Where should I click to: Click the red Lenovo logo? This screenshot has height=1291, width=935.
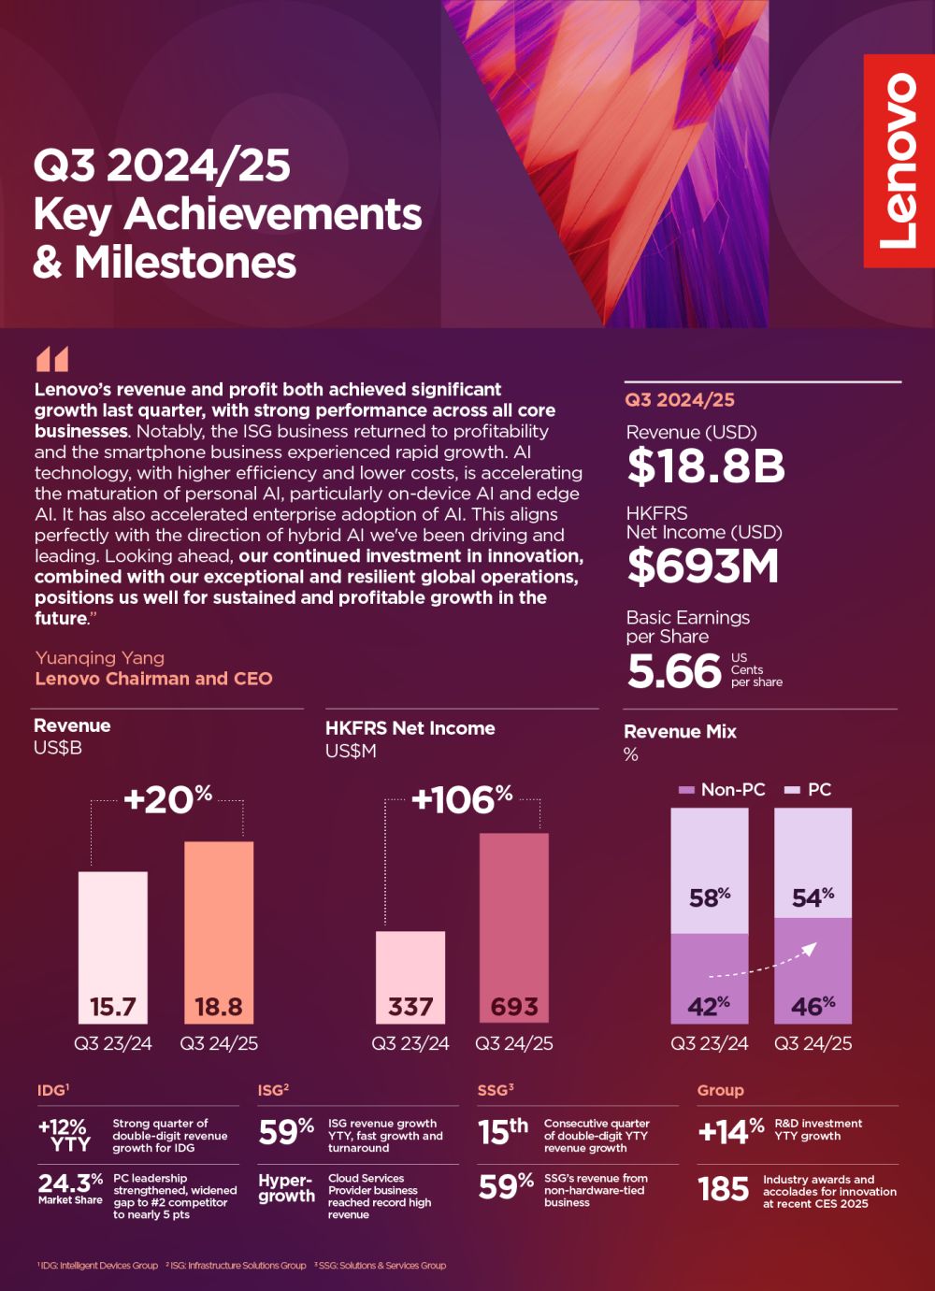(899, 161)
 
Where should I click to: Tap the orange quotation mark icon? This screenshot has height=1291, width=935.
(52, 359)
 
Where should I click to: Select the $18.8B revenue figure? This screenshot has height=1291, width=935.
(706, 466)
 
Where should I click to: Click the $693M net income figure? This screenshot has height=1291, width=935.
(702, 566)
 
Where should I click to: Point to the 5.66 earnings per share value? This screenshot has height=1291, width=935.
(674, 671)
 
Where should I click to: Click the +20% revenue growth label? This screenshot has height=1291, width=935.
(167, 799)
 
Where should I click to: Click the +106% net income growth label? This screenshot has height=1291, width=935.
(462, 799)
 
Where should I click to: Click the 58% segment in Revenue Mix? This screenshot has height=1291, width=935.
(710, 871)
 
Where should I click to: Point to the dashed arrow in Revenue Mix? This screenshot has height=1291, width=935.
(763, 964)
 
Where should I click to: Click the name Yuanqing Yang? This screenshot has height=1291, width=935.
(100, 658)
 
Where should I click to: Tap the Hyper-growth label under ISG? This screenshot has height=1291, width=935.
(286, 1188)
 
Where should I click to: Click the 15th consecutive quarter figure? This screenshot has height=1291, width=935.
(503, 1131)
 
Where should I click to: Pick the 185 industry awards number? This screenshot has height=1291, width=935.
(723, 1189)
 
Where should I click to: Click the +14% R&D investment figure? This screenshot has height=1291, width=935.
(730, 1131)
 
